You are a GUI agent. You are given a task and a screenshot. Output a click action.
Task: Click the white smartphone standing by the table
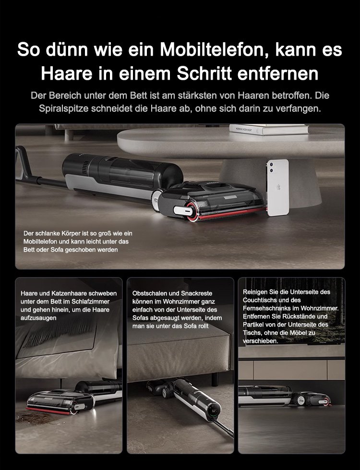278,187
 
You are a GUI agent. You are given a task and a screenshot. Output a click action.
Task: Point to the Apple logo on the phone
278,187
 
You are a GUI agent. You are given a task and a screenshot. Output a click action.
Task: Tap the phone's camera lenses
272,167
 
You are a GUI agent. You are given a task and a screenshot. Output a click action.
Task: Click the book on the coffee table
269,129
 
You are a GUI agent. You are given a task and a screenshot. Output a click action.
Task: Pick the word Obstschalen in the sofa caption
148,293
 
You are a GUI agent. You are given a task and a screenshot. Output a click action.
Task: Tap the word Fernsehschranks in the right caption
271,308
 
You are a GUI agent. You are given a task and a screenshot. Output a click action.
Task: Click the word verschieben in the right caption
260,341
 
